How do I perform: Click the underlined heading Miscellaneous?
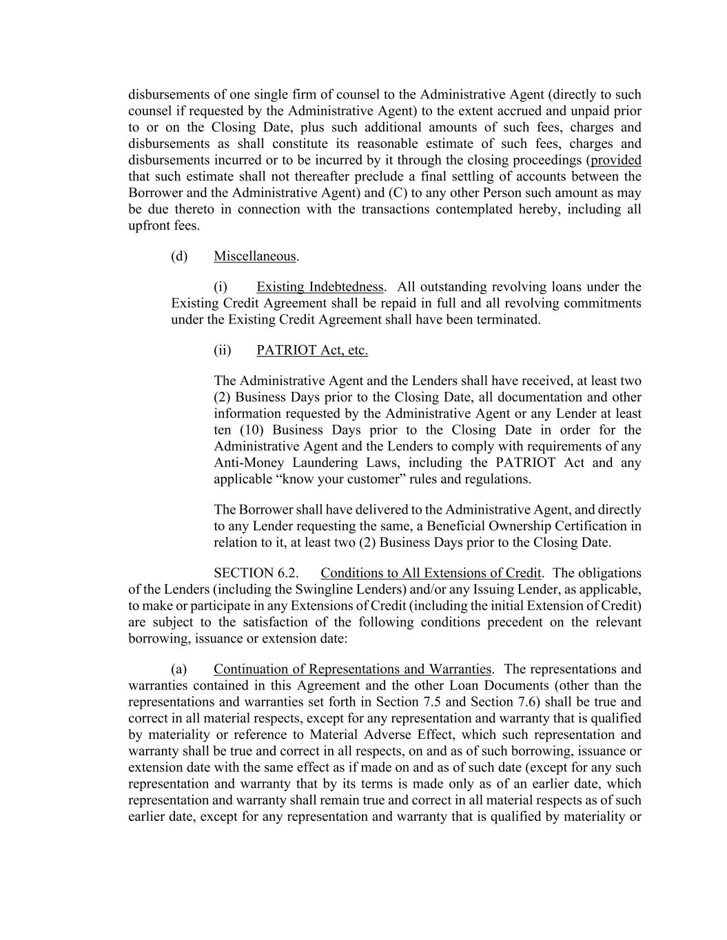255,256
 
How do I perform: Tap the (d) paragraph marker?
179,256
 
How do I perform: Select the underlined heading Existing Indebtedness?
320,286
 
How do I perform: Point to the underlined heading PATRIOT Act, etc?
311,350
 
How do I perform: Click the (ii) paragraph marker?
223,350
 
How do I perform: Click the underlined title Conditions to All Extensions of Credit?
431,573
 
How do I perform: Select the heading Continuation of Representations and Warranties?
352,669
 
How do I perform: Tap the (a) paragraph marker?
179,669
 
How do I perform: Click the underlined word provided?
616,160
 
